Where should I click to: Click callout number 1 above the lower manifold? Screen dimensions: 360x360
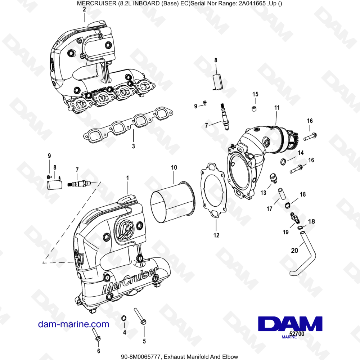coord(127,178)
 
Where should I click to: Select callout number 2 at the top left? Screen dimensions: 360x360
coord(84,10)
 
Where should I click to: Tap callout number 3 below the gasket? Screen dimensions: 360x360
coord(133,146)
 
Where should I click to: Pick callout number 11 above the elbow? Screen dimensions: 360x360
coord(276,107)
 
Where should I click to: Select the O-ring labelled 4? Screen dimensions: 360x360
coord(123,318)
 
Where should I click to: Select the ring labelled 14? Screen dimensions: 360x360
coord(283,161)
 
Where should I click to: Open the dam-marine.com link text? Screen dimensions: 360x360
coord(73,324)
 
